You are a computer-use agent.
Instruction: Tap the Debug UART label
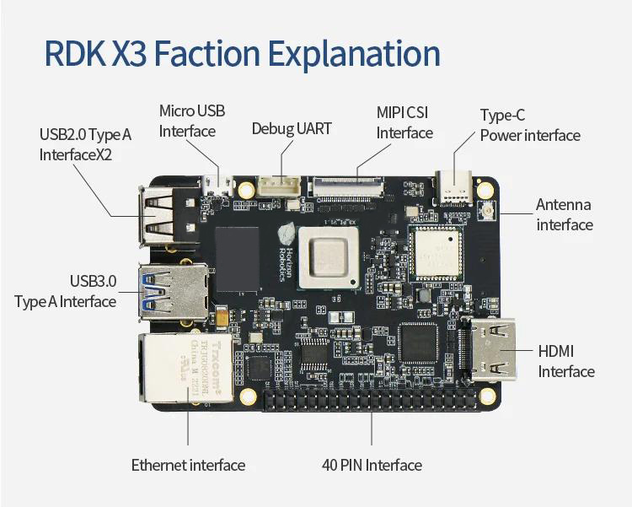pos(292,129)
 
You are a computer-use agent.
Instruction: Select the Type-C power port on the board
pos(454,188)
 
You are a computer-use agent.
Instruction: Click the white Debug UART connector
pos(279,186)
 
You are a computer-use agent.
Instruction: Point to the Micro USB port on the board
pos(218,185)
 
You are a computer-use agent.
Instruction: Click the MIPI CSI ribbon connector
pos(345,186)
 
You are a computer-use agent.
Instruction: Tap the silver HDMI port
pos(491,349)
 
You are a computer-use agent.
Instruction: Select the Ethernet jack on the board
pos(186,367)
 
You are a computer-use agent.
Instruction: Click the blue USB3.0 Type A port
pos(174,292)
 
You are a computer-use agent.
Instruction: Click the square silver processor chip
pos(329,258)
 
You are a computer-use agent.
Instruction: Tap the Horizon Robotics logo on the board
pos(287,251)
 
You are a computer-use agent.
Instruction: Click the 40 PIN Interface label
pos(372,465)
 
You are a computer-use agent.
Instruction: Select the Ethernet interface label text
pos(188,465)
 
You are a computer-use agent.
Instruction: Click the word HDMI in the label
pos(556,351)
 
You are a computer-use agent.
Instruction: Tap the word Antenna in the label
pos(564,205)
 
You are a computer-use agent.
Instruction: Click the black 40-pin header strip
pos(371,400)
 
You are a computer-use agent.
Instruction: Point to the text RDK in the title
pos(74,53)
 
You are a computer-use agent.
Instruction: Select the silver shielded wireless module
pos(436,253)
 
